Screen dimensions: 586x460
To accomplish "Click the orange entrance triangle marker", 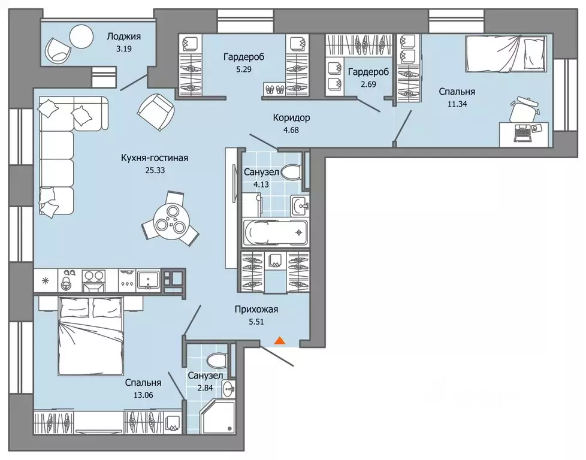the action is tap(280, 340).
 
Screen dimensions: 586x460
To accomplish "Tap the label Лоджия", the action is tap(123, 37).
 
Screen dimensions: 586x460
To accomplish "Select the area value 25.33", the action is tap(155, 170).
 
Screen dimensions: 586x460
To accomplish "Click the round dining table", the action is tap(170, 220).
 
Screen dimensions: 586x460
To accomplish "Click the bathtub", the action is tap(276, 233).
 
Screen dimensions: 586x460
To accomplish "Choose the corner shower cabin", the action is tap(218, 416).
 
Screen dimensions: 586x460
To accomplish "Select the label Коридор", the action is tap(291, 118).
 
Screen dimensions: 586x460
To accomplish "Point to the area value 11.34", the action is tap(457, 104).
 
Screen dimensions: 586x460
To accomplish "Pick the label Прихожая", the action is tap(256, 310).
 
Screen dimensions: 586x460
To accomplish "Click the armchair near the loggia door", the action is tap(156, 108).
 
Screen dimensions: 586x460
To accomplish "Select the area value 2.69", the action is tap(368, 84).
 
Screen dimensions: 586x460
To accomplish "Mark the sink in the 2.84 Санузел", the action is tap(228, 390).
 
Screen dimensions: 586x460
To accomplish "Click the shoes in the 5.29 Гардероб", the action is tap(274, 89).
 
